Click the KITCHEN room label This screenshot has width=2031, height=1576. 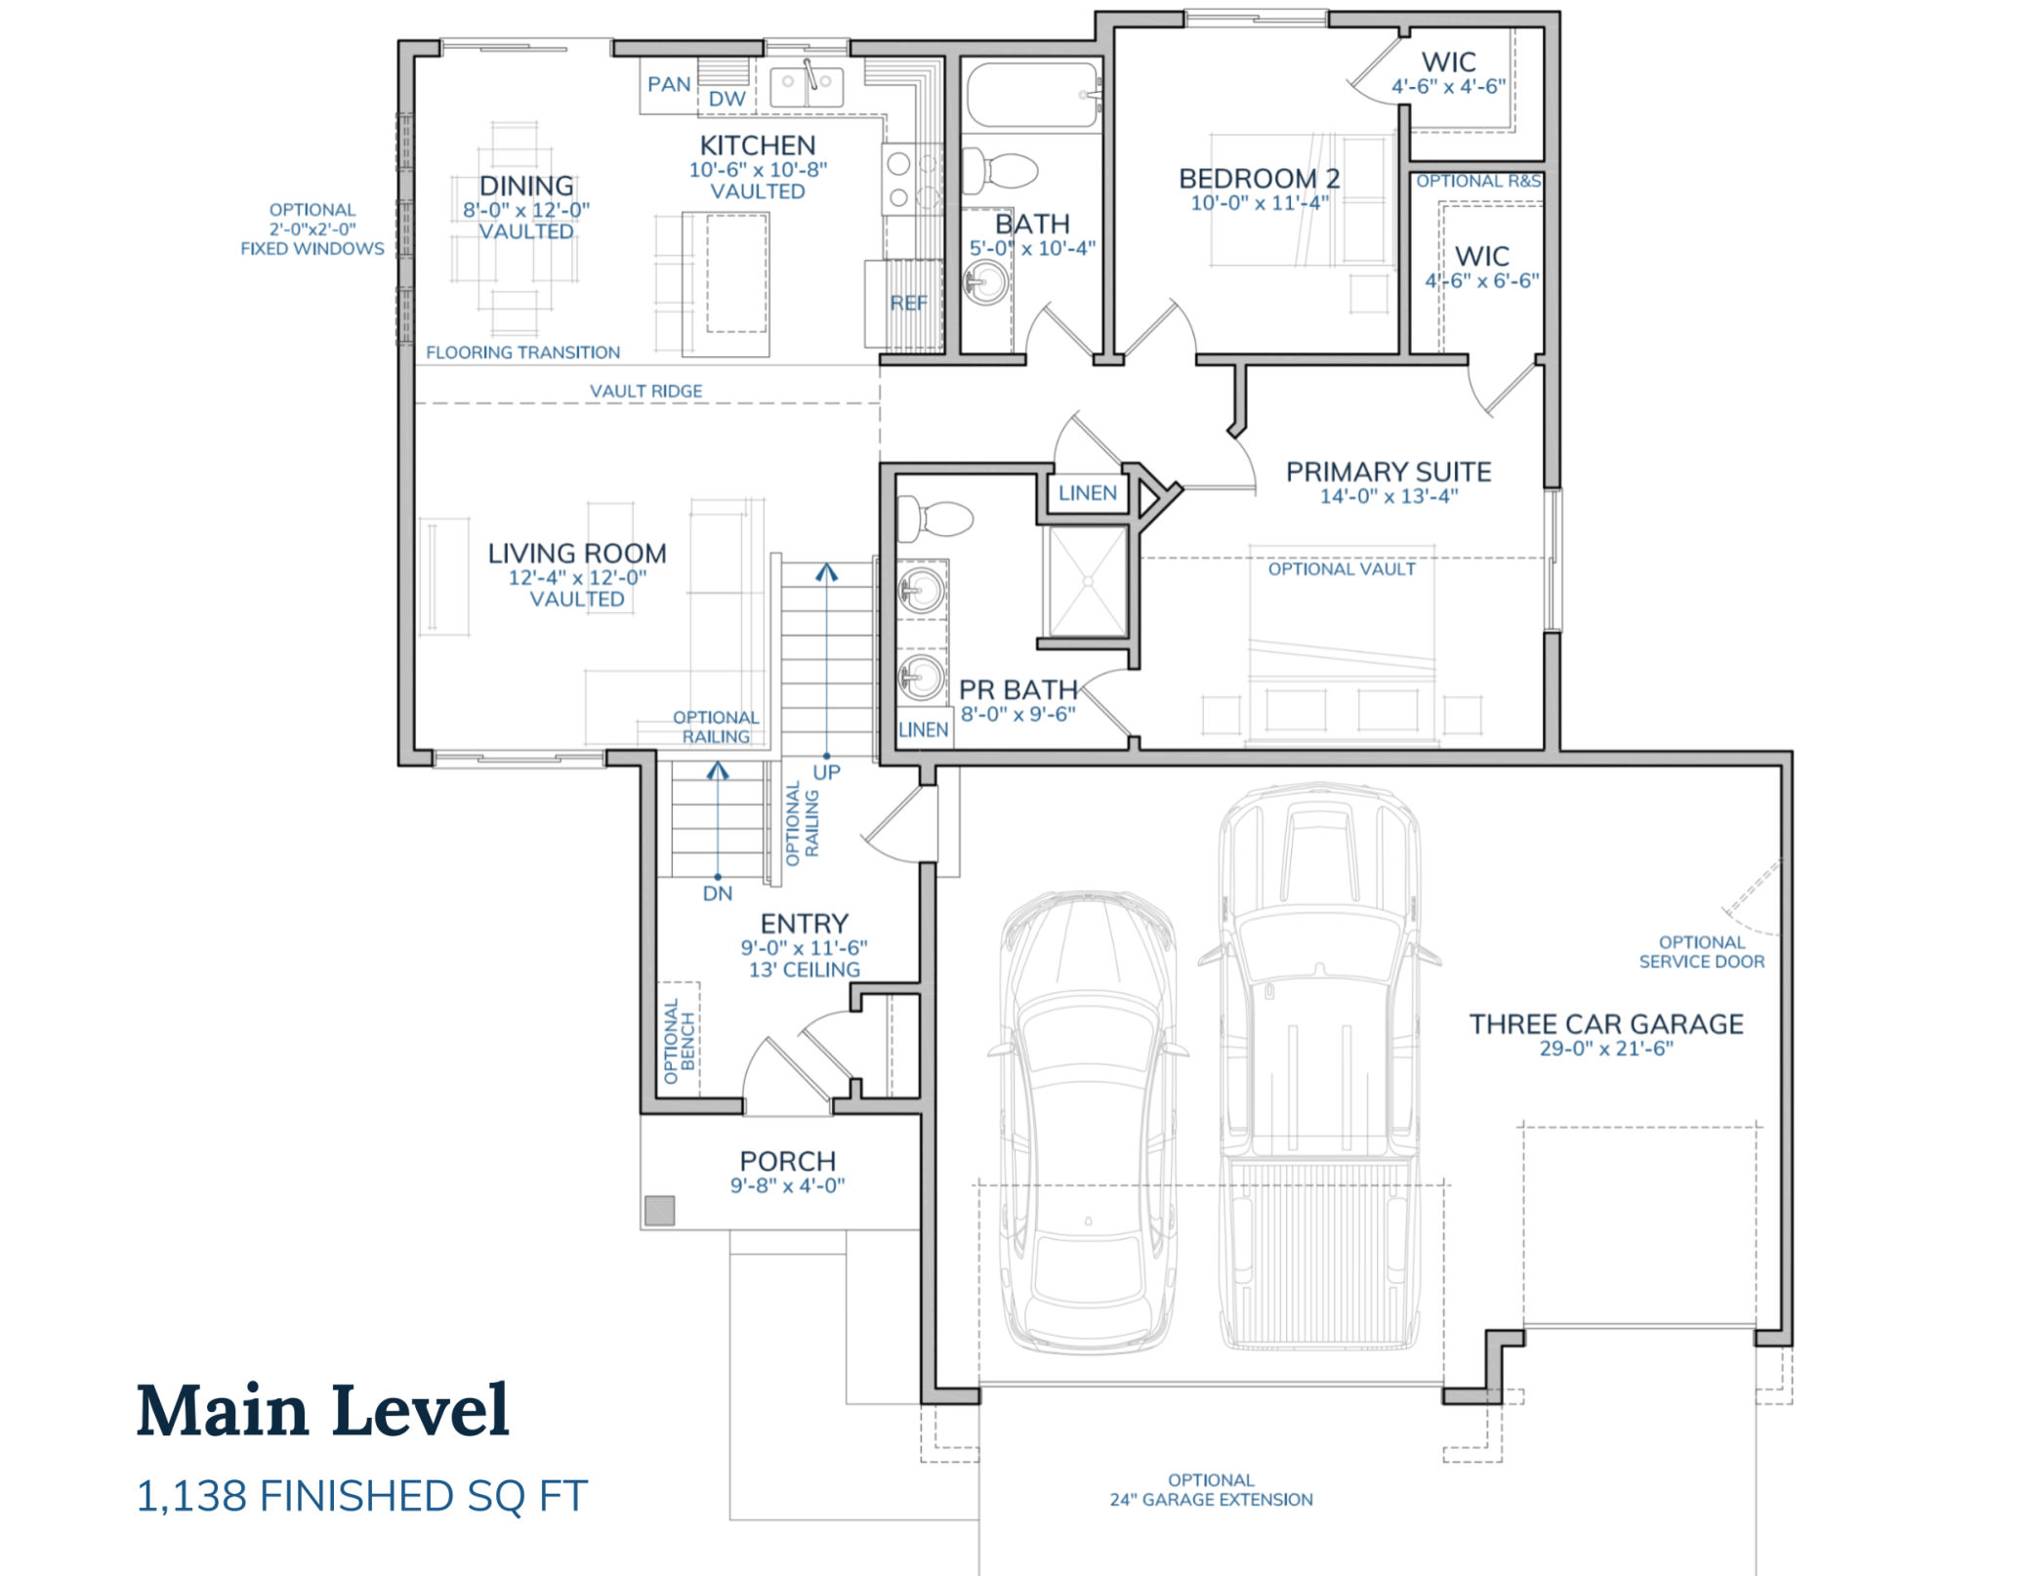[x=757, y=145]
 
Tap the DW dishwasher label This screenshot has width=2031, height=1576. [x=726, y=99]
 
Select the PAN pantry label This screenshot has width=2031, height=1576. [x=669, y=85]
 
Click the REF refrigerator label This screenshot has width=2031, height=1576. [x=908, y=304]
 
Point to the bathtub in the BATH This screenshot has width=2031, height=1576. [x=1031, y=95]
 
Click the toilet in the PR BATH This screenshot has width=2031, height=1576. [x=935, y=518]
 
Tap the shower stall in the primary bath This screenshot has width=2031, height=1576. [x=1086, y=582]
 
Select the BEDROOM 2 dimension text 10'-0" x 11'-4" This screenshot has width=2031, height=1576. [x=1259, y=203]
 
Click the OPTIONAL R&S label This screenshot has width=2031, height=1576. [x=1477, y=182]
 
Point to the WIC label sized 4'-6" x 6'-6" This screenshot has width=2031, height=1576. [x=1481, y=257]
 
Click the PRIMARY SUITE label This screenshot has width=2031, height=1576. [x=1388, y=473]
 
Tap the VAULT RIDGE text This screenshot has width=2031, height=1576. [x=645, y=391]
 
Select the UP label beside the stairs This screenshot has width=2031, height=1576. [x=826, y=772]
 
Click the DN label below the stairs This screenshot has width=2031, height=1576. [x=717, y=893]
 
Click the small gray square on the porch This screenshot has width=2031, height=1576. [x=659, y=1211]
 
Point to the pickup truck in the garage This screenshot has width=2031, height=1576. [x=1318, y=1064]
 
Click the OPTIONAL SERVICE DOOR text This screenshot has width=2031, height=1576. [x=1701, y=952]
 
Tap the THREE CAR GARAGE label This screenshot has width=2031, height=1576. [x=1605, y=1024]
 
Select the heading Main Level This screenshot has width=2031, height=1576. [x=322, y=1411]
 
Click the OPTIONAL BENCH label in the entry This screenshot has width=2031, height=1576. [x=679, y=1041]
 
